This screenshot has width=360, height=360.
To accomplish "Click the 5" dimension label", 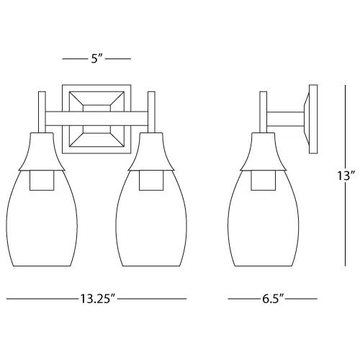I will pos(96,58).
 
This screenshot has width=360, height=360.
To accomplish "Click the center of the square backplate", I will pos(96,119).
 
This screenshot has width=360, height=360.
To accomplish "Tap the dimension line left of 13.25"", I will pos(40,298).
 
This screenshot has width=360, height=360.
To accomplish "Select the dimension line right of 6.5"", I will pos(305,298).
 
